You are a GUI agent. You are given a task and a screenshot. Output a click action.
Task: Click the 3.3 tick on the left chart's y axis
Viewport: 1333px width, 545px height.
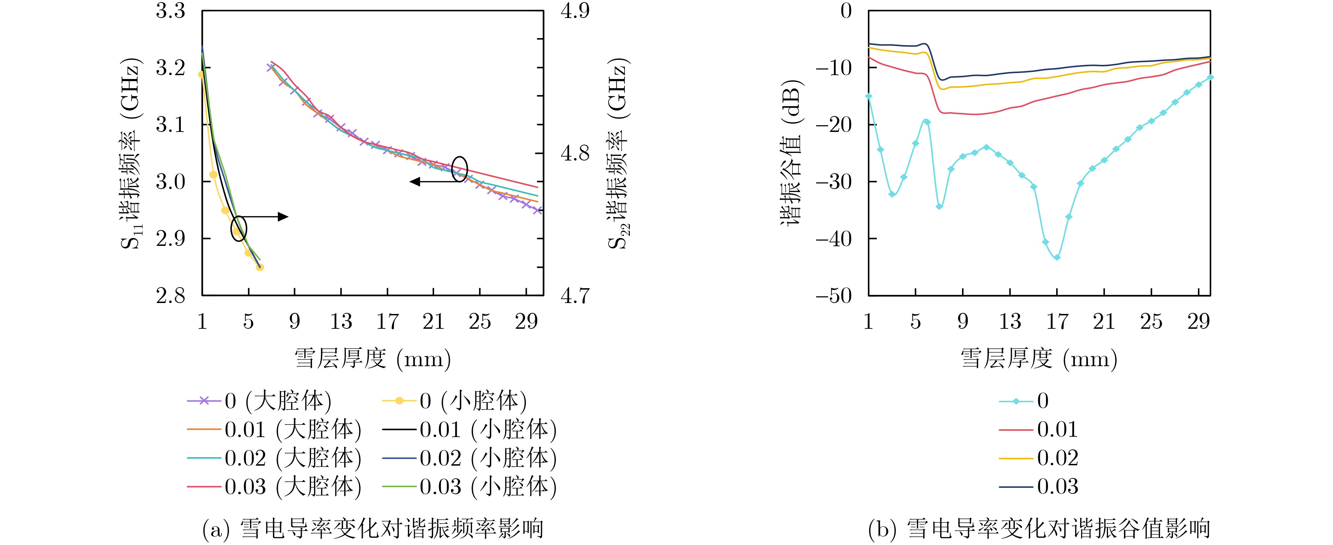pyautogui.click(x=170, y=11)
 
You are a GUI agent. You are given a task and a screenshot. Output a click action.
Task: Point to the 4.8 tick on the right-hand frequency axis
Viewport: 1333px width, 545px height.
pyautogui.click(x=575, y=153)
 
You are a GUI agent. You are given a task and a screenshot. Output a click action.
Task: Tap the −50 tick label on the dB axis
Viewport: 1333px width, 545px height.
pyautogui.click(x=833, y=296)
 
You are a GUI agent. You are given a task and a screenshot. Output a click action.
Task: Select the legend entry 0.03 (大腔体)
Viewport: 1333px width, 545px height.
pyautogui.click(x=274, y=486)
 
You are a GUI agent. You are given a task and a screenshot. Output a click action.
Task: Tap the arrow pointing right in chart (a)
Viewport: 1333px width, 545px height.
pyautogui.click(x=264, y=216)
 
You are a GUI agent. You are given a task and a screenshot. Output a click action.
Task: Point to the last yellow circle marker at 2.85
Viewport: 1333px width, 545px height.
pyautogui.click(x=260, y=267)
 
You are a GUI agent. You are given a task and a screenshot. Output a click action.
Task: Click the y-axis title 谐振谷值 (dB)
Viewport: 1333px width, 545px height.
pyautogui.click(x=790, y=153)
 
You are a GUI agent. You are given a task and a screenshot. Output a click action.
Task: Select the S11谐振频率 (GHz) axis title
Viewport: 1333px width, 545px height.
pyautogui.click(x=131, y=154)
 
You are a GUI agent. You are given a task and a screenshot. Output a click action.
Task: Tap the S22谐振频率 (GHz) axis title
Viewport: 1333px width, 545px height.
pyautogui.click(x=617, y=154)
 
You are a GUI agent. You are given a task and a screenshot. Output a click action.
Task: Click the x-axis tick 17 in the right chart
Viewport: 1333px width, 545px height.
pyautogui.click(x=1057, y=322)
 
